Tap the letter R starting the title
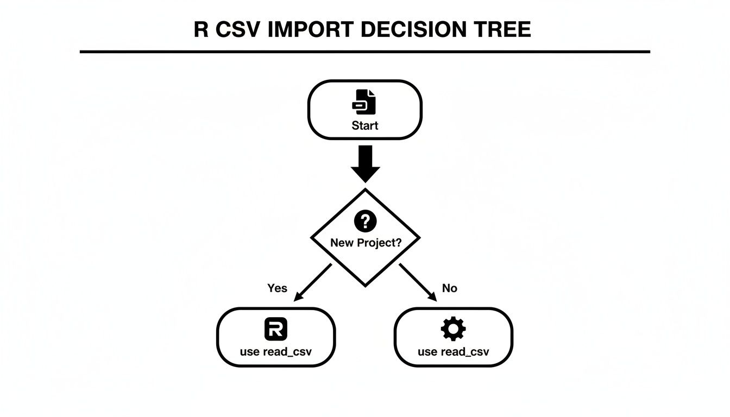pos(201,29)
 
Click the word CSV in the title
pos(238,29)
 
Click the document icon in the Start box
pos(364,102)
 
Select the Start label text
pos(364,125)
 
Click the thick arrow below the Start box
pos(365,163)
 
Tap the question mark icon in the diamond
pos(365,221)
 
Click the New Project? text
pos(366,243)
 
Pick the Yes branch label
pos(277,288)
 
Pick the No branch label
pos(449,288)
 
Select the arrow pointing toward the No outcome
pos(418,282)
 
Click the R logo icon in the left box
pos(276,329)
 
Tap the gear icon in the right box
pos(453,329)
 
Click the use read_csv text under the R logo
pos(276,351)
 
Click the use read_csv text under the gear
pos(453,351)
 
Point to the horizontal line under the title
pos(365,52)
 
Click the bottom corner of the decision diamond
pos(365,285)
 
